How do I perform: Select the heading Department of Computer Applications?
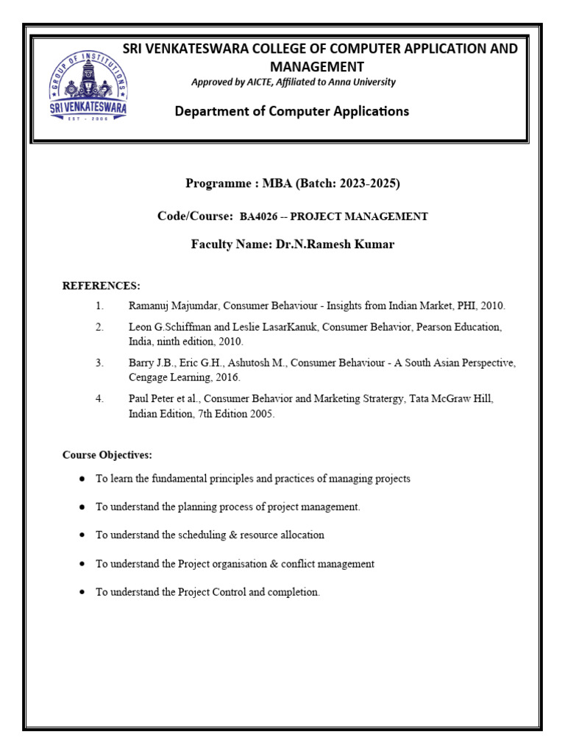291,111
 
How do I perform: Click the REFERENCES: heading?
101,286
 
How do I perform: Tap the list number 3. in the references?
99,363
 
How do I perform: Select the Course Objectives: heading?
107,455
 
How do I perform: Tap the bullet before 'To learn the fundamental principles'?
82,479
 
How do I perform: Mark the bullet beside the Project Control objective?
82,592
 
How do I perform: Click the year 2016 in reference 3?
227,377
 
